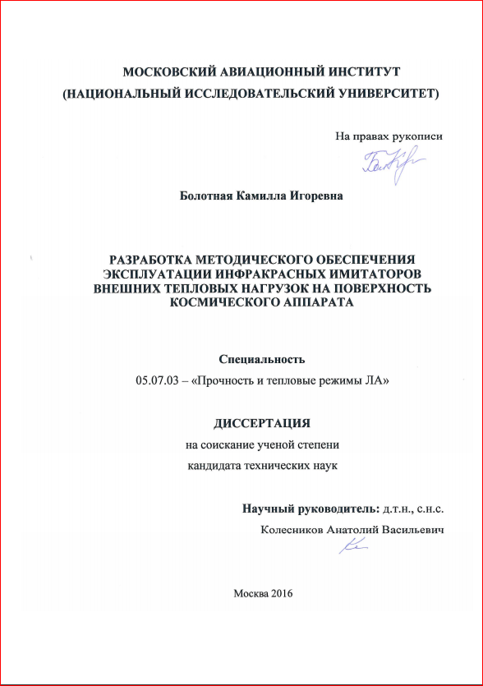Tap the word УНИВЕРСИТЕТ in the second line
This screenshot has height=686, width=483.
click(x=387, y=94)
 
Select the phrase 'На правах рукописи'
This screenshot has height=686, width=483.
click(x=389, y=136)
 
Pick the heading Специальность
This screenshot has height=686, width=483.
click(x=261, y=359)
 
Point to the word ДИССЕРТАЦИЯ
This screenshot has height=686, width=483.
click(x=262, y=424)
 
